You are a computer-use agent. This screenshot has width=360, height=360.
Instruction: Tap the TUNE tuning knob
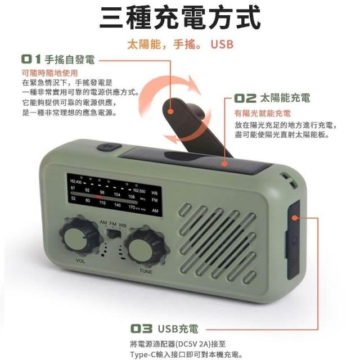[x=145, y=247]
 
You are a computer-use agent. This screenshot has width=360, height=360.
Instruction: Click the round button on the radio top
[x=109, y=147]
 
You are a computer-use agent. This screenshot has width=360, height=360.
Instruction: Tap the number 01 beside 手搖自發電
[x=31, y=59]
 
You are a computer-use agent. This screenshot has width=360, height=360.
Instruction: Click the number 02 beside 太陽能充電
[x=245, y=98]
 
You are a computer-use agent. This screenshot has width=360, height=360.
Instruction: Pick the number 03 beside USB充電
[x=141, y=328]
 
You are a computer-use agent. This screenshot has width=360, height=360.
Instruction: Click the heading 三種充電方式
[x=180, y=17]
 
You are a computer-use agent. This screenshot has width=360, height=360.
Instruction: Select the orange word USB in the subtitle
[x=222, y=44]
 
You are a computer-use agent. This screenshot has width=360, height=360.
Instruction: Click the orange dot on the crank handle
[x=170, y=111]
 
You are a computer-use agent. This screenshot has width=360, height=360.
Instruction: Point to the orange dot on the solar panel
[x=225, y=164]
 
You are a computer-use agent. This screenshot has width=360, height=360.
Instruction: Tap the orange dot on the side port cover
[x=295, y=218]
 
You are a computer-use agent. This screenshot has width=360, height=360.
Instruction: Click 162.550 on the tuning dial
[x=139, y=191]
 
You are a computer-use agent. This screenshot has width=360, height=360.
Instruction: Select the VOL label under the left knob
[x=80, y=261]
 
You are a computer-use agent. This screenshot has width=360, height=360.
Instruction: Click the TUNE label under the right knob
[x=146, y=271]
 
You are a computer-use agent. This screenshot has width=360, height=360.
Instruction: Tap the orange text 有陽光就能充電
[x=263, y=113]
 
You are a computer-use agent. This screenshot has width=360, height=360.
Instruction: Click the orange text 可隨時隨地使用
[x=50, y=73]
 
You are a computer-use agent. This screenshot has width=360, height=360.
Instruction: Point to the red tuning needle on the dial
[x=99, y=197]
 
